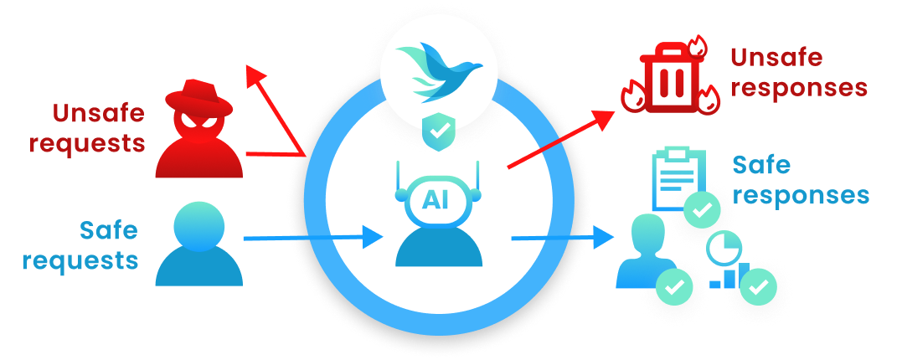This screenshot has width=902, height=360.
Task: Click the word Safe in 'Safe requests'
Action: (108, 229)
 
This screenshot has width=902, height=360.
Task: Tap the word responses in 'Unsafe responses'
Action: (796, 87)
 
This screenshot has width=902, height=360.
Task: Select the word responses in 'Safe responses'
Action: (806, 195)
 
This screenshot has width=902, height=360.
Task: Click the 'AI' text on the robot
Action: (436, 198)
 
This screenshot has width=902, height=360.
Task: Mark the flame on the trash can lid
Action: (694, 44)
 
